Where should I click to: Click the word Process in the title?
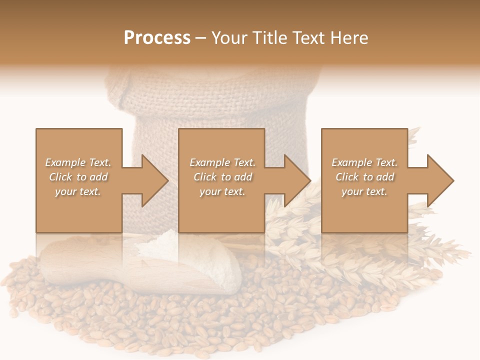[157, 38]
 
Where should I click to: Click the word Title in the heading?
[271, 38]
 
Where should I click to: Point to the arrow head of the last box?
[440, 180]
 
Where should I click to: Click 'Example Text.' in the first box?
[78, 162]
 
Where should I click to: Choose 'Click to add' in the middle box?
[223, 177]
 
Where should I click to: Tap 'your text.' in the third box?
[364, 191]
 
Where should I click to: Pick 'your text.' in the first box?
[78, 191]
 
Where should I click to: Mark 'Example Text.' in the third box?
[364, 162]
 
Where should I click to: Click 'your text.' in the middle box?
[222, 191]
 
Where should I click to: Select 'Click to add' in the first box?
[78, 177]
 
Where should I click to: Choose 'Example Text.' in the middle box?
[222, 162]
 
